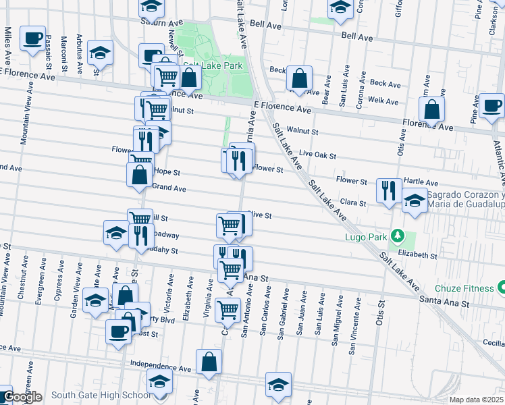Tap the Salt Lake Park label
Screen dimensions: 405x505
212,66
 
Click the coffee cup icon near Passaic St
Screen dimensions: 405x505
32,38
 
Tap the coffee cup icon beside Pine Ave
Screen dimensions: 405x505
492,106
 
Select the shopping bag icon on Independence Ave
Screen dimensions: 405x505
209,361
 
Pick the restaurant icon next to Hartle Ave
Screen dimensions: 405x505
389,190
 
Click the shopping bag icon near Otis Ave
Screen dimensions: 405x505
431,109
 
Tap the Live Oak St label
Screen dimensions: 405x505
317,155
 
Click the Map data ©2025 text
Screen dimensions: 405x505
475,400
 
